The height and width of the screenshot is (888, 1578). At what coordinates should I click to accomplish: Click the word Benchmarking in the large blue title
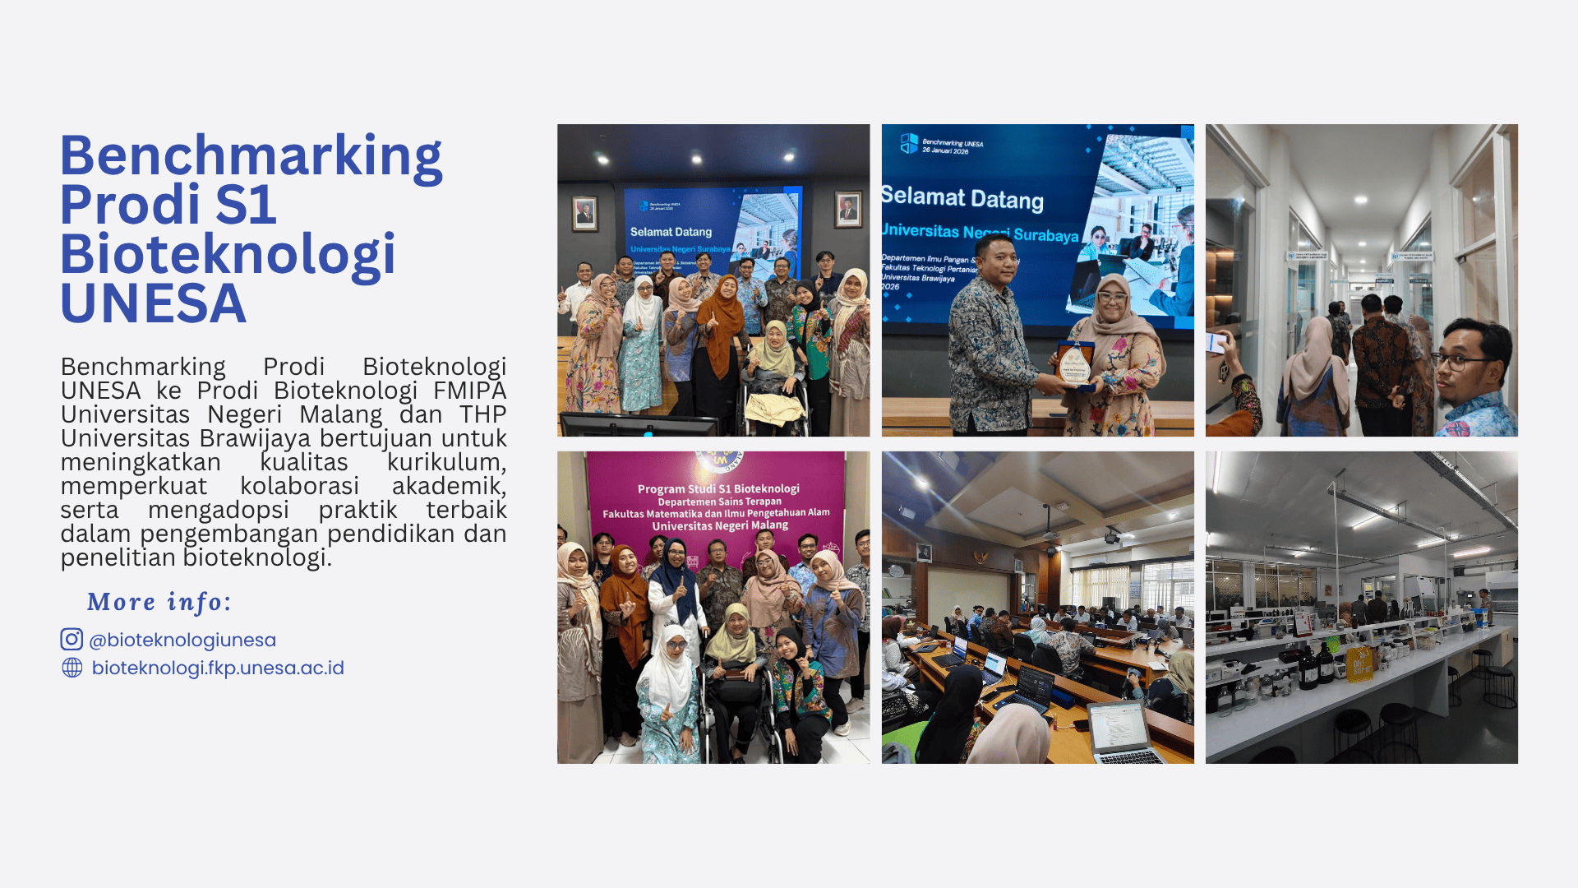point(251,156)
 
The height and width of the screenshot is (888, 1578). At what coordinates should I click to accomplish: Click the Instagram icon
point(72,640)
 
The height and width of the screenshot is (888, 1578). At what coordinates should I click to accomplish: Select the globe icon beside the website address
point(72,668)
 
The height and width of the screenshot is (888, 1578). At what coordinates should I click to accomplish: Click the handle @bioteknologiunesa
point(182,640)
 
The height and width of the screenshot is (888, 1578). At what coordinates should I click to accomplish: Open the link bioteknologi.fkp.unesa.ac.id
point(218,668)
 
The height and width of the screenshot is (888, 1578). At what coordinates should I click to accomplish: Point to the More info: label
point(159,602)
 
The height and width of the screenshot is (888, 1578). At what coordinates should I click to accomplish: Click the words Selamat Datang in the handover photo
point(962,198)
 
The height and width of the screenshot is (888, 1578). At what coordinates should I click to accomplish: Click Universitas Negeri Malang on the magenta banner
point(720,525)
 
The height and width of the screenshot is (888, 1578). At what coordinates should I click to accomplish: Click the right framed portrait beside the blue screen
point(848,210)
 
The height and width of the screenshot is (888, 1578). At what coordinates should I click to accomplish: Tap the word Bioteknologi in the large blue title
point(228,255)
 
